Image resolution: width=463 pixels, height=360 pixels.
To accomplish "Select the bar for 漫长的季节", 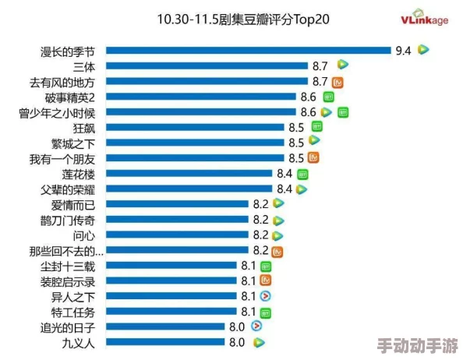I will point(248,51).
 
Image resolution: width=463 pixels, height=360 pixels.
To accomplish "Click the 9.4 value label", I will point(403,51).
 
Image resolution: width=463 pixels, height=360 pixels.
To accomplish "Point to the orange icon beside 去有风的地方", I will point(338,81).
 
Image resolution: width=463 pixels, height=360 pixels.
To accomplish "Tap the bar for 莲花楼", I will point(189,173).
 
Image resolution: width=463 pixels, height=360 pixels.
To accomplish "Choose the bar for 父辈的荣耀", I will point(189,189).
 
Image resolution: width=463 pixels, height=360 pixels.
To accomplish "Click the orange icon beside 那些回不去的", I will point(277,251).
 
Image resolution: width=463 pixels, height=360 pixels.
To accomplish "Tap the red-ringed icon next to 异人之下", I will point(266,296).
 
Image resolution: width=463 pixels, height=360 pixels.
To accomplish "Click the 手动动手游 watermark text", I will point(417,345).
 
